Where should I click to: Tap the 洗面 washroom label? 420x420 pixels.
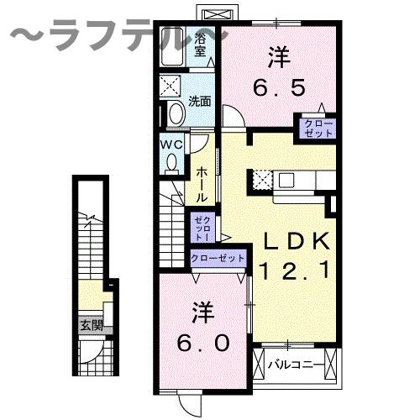coord(199,102)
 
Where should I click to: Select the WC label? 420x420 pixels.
coord(171,143)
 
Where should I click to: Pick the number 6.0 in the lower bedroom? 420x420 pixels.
coord(202,342)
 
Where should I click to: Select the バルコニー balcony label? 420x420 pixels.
coord(291,365)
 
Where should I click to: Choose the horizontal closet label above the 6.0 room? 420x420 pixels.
coord(218,259)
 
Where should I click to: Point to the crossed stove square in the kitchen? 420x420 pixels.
coord(263,179)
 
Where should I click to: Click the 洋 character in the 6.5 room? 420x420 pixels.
coord(279,57)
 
